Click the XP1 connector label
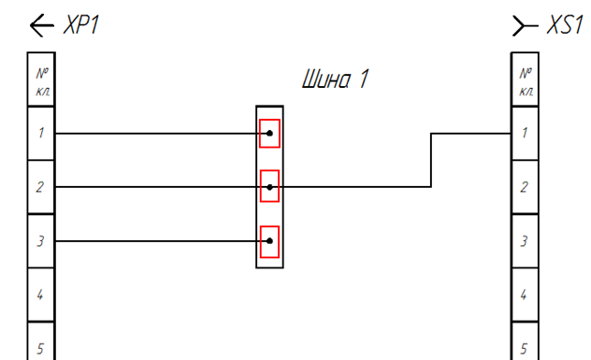point(81,25)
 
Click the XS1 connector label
point(565,25)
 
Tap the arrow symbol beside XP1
point(42,25)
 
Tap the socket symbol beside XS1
point(525,25)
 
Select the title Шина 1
point(335,79)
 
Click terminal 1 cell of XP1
point(41,133)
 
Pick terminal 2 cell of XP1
point(41,187)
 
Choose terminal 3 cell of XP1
point(41,241)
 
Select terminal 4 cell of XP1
point(41,295)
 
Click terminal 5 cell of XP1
point(41,341)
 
